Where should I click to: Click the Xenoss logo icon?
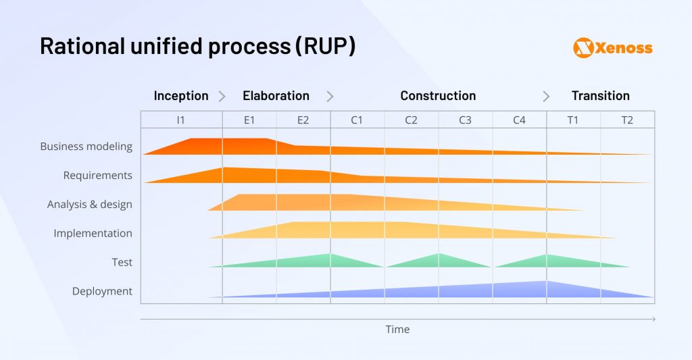click(583, 47)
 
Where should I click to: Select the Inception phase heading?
click(180, 96)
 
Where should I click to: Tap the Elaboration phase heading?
click(276, 96)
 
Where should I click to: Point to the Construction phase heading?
click(438, 96)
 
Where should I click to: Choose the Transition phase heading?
click(600, 96)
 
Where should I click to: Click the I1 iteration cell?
click(180, 120)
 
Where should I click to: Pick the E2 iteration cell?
click(303, 120)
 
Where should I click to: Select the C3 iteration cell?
click(465, 120)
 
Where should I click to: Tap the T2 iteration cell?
click(627, 120)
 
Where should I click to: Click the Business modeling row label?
click(86, 147)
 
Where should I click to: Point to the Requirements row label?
click(97, 176)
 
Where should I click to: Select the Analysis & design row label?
click(89, 205)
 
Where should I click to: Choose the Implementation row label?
click(93, 234)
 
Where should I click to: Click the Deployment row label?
click(102, 292)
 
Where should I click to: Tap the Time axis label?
click(397, 330)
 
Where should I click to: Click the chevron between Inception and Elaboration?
click(222, 97)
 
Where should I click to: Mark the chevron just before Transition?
click(546, 97)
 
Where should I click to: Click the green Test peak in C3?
click(439, 257)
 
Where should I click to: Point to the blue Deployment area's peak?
click(546, 284)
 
